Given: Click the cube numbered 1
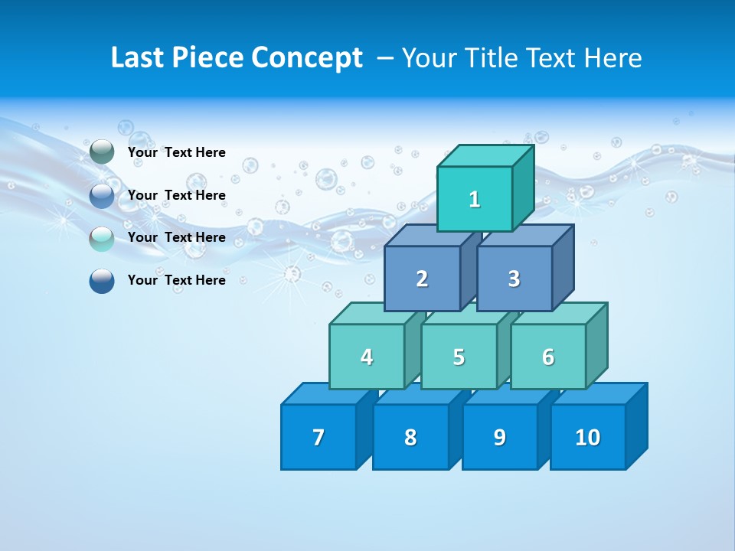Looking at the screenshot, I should [475, 199].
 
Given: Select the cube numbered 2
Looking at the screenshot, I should [422, 279].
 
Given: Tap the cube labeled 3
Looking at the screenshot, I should [514, 279].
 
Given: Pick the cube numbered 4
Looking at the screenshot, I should [367, 357].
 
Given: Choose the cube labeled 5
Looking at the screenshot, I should [459, 357].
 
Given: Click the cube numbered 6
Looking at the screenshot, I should [548, 357].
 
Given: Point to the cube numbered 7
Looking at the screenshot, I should [318, 437].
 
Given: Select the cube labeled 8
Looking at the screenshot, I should [410, 437].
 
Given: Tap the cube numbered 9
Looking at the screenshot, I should [499, 437].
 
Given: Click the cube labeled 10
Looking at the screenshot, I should [587, 437].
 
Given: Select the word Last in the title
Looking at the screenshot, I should [137, 58].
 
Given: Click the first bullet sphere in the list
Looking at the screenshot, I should [102, 152].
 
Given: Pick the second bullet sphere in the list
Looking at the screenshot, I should [102, 196].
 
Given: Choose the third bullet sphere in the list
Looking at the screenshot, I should [102, 238].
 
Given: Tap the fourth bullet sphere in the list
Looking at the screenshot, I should [102, 281].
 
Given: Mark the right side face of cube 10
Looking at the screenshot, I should [636, 425].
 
